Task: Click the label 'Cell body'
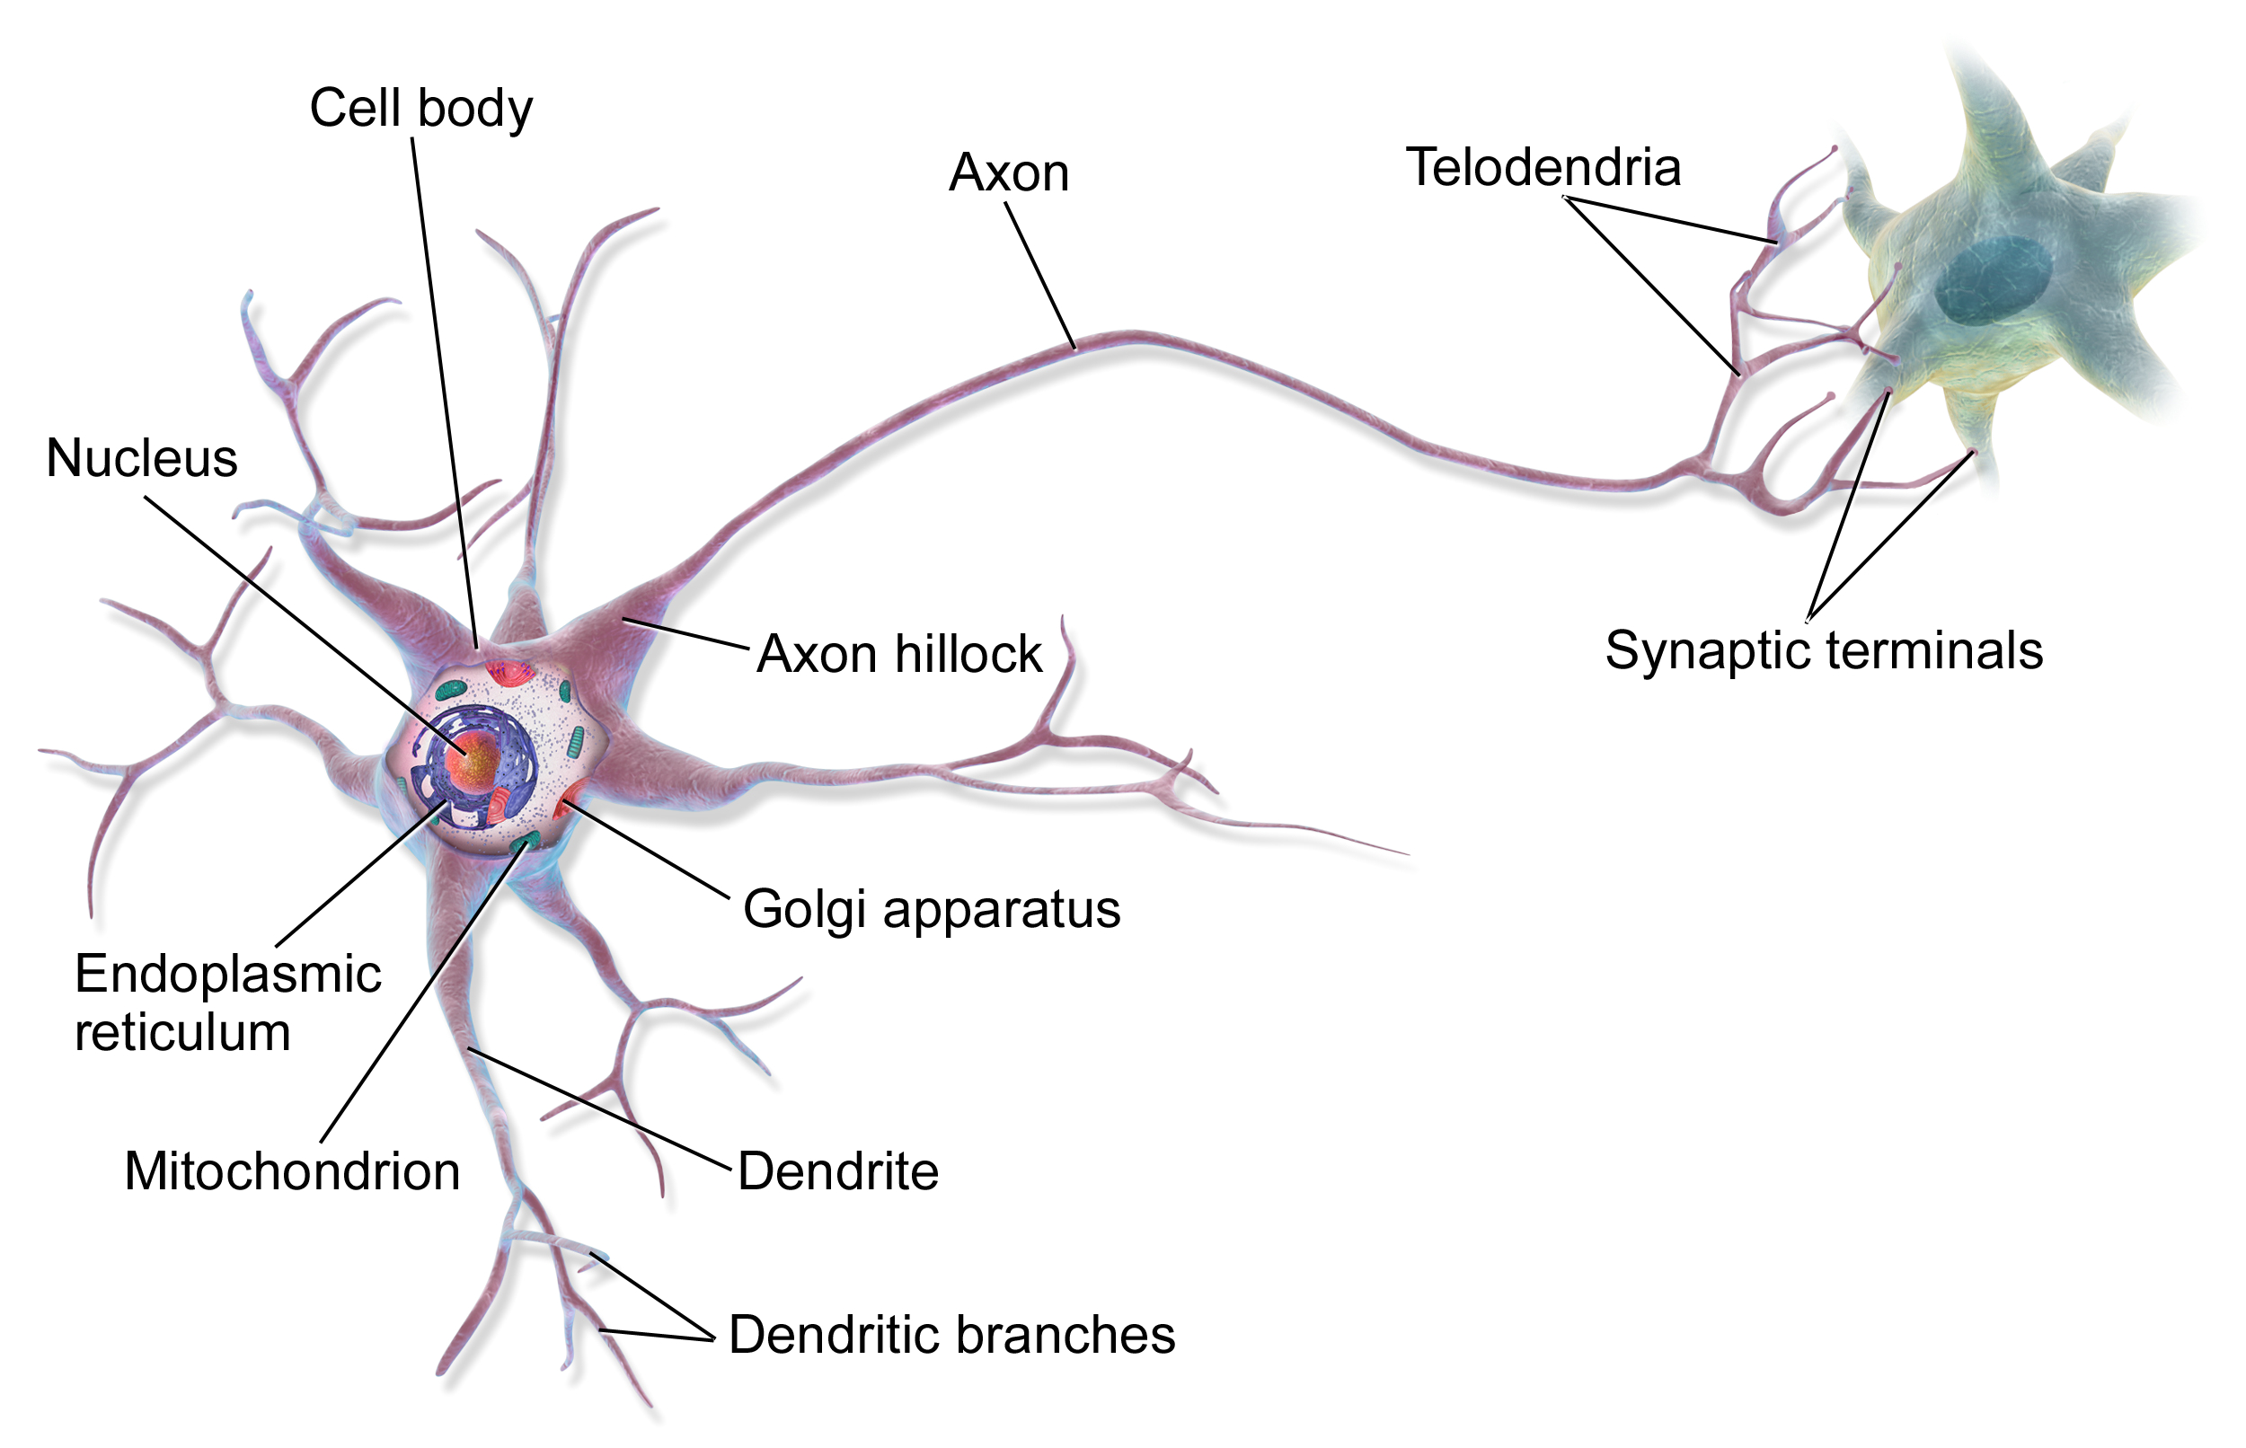(x=420, y=108)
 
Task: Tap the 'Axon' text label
(x=1008, y=173)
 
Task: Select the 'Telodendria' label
(x=1542, y=167)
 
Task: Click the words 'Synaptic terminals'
(x=1823, y=649)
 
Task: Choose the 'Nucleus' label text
(x=141, y=459)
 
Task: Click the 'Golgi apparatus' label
(x=931, y=909)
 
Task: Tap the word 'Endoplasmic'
(x=227, y=973)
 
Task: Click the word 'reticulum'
(x=182, y=1032)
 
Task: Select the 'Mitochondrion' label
(x=291, y=1171)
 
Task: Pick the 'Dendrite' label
(x=836, y=1171)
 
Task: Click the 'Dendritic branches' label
(x=951, y=1334)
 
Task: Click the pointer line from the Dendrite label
(x=602, y=1110)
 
